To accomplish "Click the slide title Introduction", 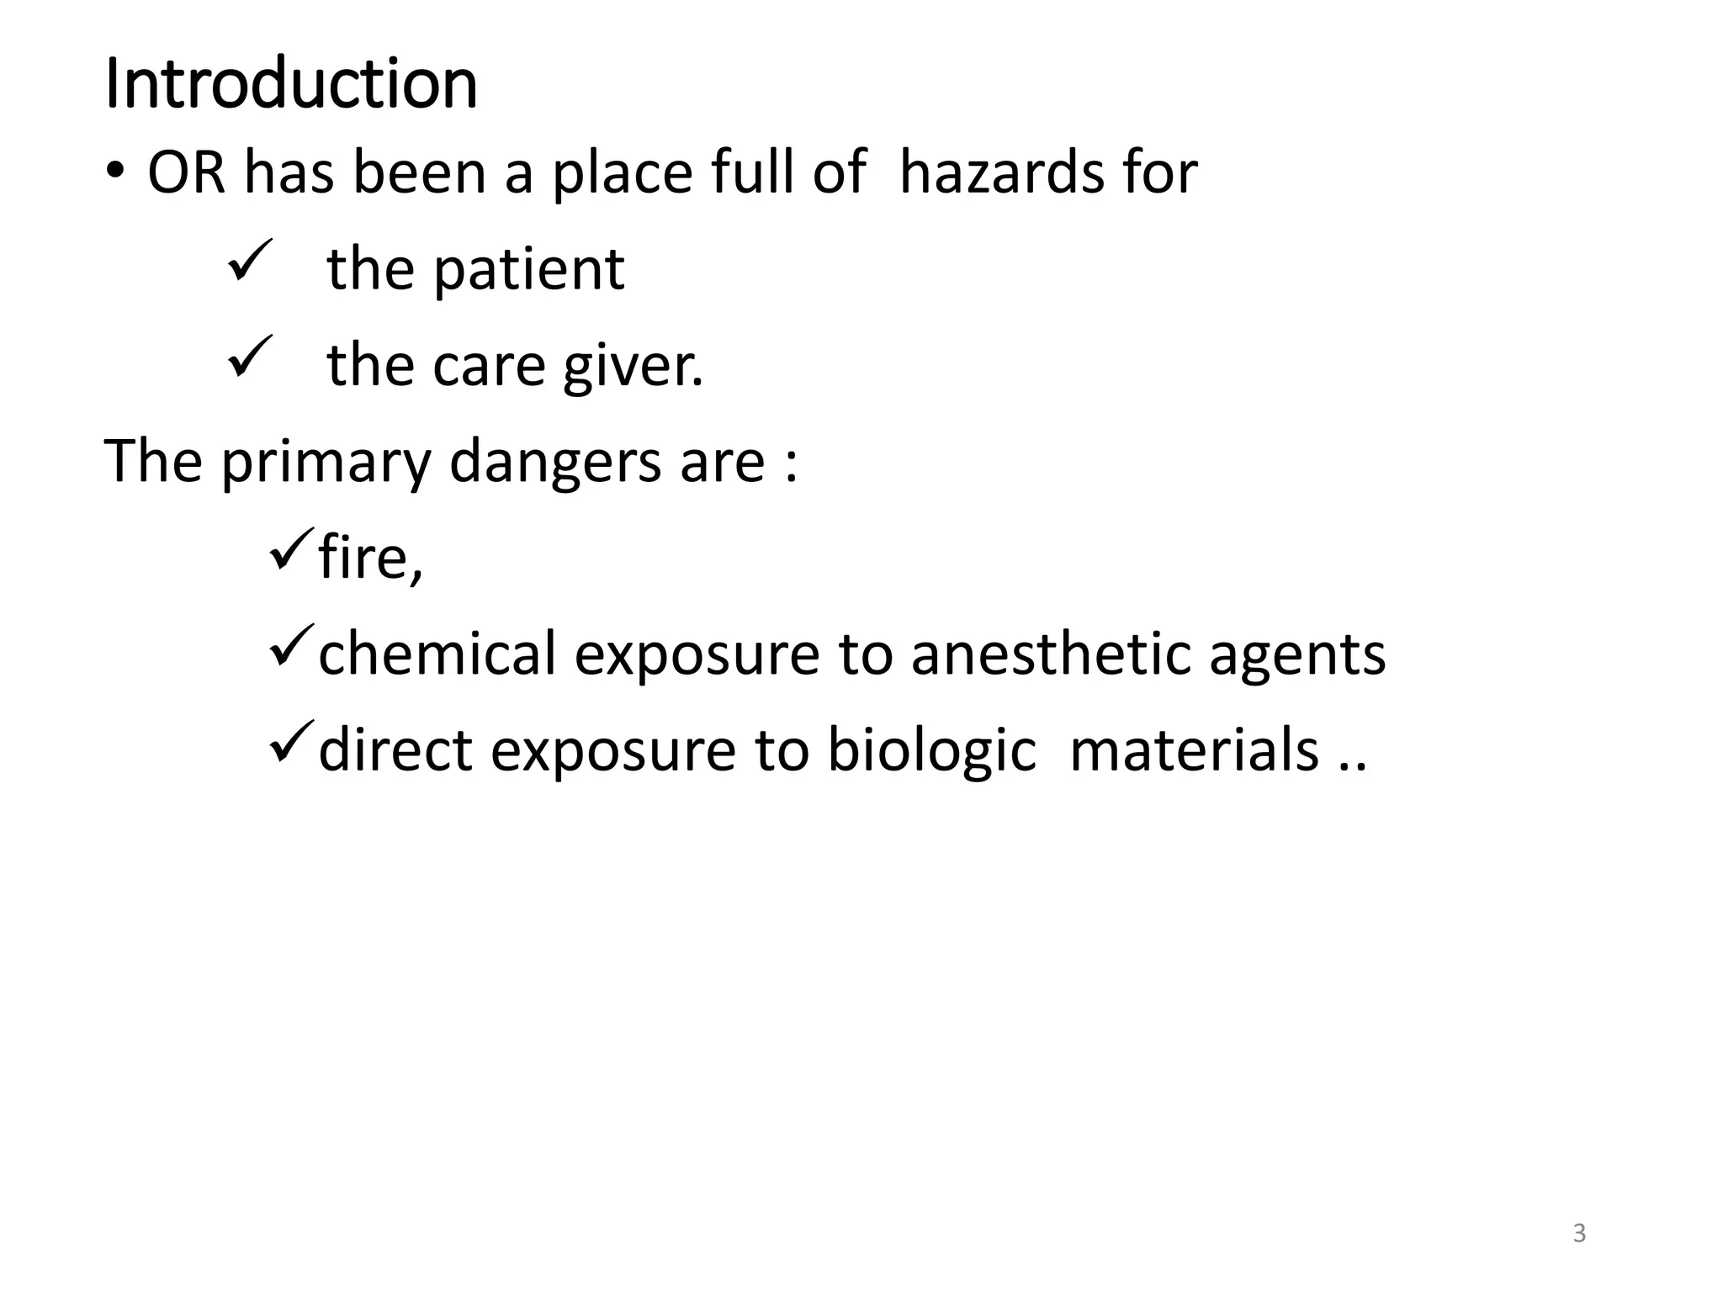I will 291,84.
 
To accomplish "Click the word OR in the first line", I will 187,173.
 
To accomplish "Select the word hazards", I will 1000,173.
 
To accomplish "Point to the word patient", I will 528,271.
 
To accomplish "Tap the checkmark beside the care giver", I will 250,357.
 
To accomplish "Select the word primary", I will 326,463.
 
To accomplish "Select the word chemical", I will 437,654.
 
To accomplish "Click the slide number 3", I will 1579,1233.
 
